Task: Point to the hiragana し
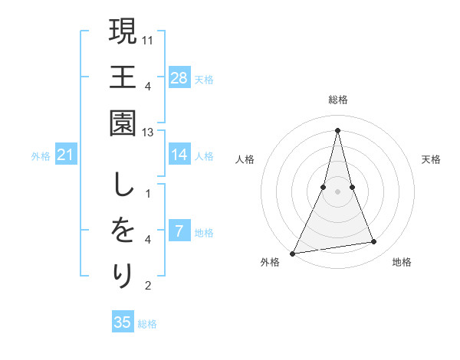point(123,185)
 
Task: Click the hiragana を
point(123,230)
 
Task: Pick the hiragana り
point(123,275)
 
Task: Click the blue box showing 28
point(179,77)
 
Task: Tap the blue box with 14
point(179,155)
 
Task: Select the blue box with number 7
point(179,231)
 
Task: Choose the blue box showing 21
point(66,155)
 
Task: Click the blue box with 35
point(123,322)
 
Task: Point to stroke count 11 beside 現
point(149,39)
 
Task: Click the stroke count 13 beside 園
point(149,132)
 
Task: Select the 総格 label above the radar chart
point(337,100)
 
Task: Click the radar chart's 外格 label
point(270,262)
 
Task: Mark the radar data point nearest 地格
point(374,242)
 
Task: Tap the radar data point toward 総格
point(337,129)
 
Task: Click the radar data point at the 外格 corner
point(293,253)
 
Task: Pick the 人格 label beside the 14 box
point(204,156)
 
